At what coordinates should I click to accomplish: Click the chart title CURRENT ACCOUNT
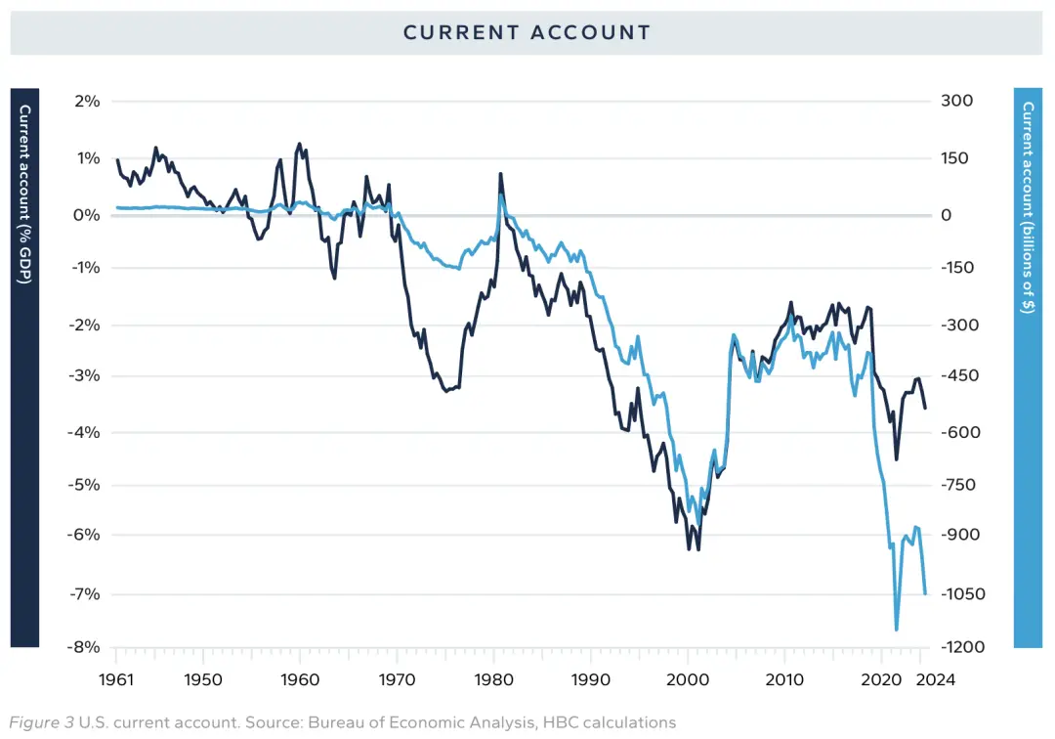[x=527, y=32]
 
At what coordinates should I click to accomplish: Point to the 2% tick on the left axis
[x=87, y=101]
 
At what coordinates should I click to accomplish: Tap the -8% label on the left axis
[x=83, y=647]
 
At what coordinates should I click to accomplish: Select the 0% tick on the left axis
[x=86, y=215]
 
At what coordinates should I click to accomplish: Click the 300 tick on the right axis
[x=956, y=101]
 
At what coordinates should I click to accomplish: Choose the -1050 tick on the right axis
[x=963, y=593]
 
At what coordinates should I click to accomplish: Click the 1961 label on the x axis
[x=116, y=679]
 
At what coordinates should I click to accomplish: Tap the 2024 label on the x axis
[x=936, y=679]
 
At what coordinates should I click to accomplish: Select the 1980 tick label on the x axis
[x=494, y=679]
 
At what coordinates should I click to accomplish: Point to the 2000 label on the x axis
[x=688, y=679]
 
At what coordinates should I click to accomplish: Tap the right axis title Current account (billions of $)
[x=1028, y=207]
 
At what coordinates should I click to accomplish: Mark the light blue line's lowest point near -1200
[x=896, y=630]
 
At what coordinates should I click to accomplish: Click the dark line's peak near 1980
[x=500, y=174]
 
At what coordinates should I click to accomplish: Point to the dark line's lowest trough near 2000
[x=698, y=550]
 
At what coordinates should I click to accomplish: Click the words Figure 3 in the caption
[x=41, y=722]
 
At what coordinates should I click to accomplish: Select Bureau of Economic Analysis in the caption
[x=421, y=722]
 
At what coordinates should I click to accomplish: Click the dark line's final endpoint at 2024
[x=925, y=408]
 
